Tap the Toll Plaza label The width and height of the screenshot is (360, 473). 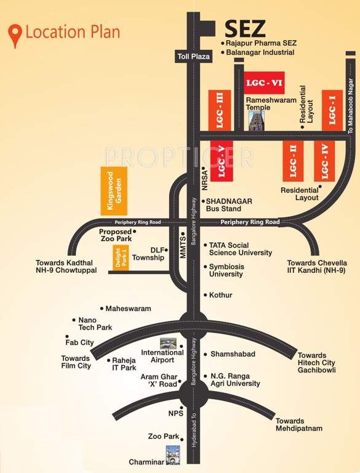coord(192,57)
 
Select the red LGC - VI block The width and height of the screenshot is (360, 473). coord(263,82)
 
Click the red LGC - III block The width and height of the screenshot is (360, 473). coord(220,109)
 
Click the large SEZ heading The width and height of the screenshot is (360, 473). coord(245,29)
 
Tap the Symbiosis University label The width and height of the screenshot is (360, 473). coord(226,270)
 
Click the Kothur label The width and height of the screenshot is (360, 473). coord(220,295)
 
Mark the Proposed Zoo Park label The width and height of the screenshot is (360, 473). coord(115,236)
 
